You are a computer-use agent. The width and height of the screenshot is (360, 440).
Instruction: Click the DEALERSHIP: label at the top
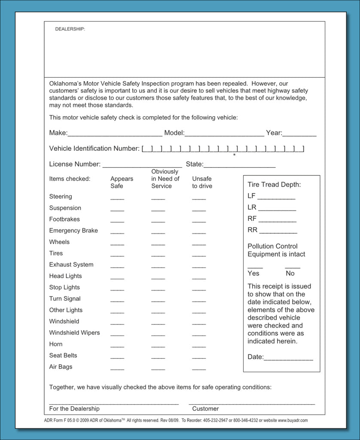[70, 29]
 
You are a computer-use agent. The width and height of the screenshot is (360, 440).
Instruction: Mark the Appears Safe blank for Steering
[117, 199]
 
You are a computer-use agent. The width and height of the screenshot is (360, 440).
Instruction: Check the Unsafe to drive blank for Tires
[199, 256]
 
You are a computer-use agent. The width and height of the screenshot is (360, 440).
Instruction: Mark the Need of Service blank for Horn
[158, 346]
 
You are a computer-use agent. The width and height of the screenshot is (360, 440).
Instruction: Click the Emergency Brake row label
[73, 231]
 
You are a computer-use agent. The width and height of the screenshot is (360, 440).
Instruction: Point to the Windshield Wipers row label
[74, 333]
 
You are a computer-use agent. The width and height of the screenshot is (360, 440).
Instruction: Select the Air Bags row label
[61, 367]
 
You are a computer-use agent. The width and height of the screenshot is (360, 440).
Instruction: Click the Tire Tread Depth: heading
[274, 185]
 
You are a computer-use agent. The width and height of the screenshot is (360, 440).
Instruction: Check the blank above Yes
[255, 267]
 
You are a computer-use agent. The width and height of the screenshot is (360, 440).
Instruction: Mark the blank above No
[293, 267]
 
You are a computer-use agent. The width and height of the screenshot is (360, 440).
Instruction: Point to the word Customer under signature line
[205, 409]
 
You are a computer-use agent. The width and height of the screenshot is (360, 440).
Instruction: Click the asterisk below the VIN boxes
[234, 155]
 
